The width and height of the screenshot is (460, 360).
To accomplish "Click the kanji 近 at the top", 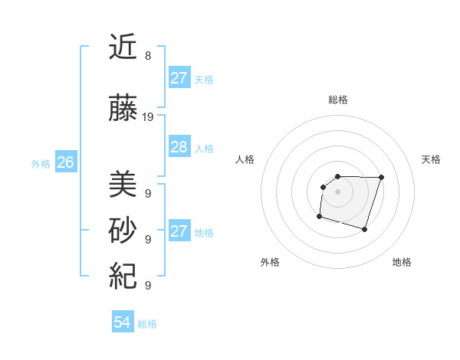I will (x=123, y=47).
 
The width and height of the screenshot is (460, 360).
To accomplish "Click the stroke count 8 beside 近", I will (x=148, y=56).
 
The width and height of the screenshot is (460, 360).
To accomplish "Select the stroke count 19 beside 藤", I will (x=149, y=117).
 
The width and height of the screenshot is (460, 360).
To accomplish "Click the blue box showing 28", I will (x=179, y=147).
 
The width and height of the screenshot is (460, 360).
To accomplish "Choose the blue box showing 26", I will (x=65, y=162).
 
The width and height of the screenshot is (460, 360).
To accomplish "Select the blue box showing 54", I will (x=122, y=322).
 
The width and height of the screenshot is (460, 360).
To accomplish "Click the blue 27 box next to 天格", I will (x=179, y=78).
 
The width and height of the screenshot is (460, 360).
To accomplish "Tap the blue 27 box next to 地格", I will (x=179, y=231).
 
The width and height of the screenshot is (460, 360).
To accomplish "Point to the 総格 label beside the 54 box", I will (x=147, y=324).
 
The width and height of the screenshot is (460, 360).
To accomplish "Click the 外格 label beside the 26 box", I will (x=41, y=163).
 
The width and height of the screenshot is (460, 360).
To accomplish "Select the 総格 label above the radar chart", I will (x=337, y=100).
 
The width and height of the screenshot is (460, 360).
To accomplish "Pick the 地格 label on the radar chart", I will (x=402, y=262).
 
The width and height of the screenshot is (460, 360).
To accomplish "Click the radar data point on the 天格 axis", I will (x=382, y=177).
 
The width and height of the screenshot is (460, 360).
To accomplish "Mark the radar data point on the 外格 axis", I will (x=319, y=217).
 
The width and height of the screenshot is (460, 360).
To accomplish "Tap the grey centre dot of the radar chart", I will (x=337, y=191).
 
